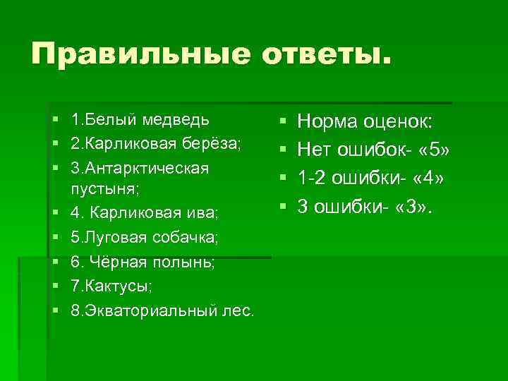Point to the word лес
point(238,310)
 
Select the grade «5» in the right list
point(432,150)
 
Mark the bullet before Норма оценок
point(282,122)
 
